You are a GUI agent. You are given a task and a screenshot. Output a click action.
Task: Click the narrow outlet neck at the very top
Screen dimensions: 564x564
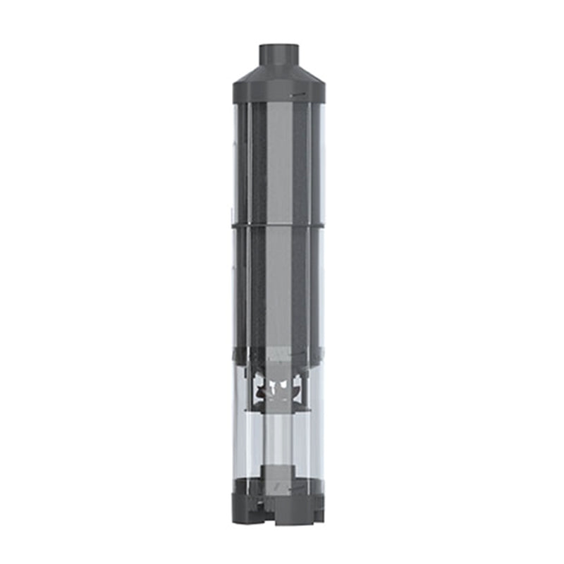[x=279, y=56]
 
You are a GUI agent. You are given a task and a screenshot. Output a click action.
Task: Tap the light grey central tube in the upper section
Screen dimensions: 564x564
[x=279, y=162]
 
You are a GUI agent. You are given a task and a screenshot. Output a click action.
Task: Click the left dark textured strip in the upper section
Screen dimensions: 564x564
[x=258, y=162]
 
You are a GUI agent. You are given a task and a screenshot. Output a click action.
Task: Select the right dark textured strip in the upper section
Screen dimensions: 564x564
[x=300, y=162]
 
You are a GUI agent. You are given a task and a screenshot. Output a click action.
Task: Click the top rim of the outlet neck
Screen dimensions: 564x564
[x=279, y=47]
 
